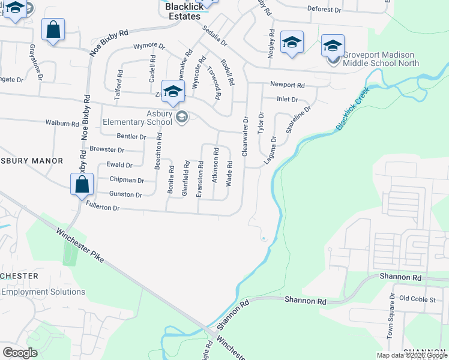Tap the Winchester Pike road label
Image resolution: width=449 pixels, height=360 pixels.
tap(80, 246)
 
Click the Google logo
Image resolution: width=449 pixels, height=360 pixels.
tap(20, 353)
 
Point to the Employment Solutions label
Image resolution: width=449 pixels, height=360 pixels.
tap(43, 292)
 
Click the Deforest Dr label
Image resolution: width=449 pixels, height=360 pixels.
tap(324, 10)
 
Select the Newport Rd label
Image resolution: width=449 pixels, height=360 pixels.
tap(288, 85)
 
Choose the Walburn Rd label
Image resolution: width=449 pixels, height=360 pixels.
tap(62, 123)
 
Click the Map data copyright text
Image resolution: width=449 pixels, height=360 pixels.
tap(411, 355)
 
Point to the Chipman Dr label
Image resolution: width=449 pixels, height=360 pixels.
tap(127, 180)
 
